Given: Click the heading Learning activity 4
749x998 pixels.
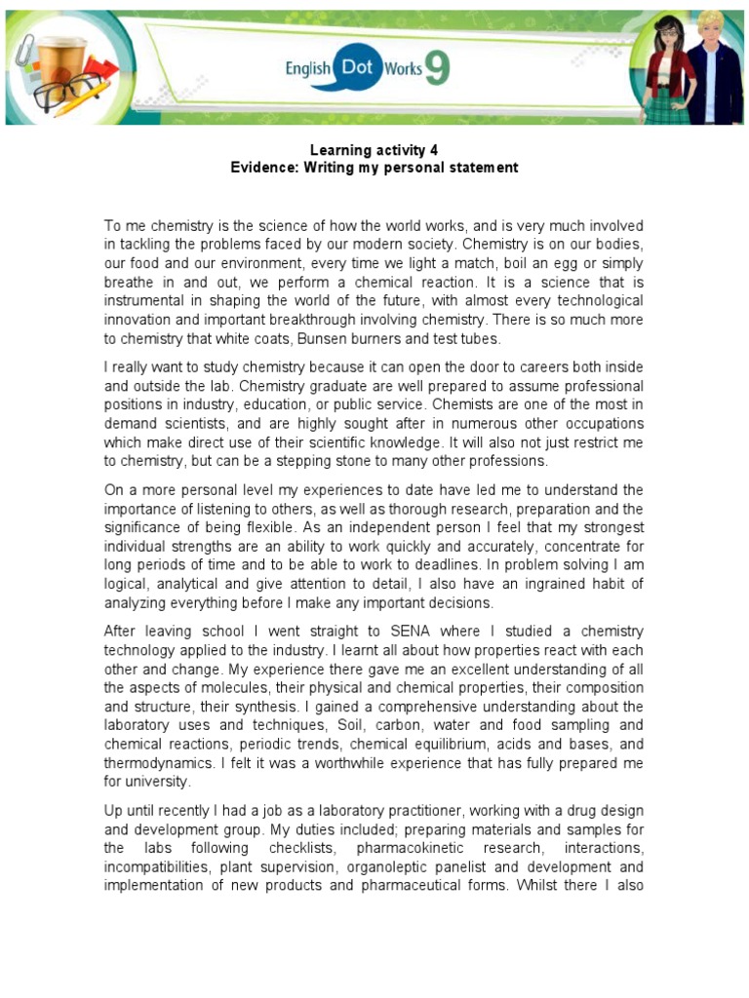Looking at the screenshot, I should pos(374,150).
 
